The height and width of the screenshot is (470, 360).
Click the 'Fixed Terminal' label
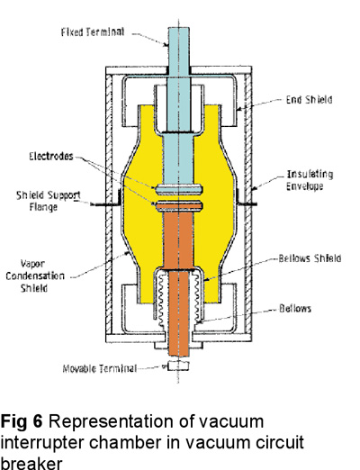[93, 32]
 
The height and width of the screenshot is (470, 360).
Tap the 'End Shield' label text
[309, 100]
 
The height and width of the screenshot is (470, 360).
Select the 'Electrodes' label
[51, 157]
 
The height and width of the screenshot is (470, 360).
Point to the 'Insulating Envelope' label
[310, 180]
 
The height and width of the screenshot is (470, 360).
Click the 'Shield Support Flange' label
[48, 201]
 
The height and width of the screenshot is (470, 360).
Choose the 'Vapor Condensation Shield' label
[35, 276]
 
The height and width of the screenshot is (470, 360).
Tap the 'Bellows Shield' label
[310, 258]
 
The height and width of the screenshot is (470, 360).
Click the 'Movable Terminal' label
[100, 368]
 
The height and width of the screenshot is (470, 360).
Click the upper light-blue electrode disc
[179, 189]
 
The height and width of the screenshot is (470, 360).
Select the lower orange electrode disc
[179, 206]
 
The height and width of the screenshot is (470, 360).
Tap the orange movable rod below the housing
[179, 348]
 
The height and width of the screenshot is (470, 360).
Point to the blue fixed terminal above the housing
[179, 47]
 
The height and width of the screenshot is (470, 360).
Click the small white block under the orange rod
[179, 366]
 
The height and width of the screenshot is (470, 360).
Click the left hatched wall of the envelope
[109, 204]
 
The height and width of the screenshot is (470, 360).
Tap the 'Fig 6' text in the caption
[22, 421]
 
